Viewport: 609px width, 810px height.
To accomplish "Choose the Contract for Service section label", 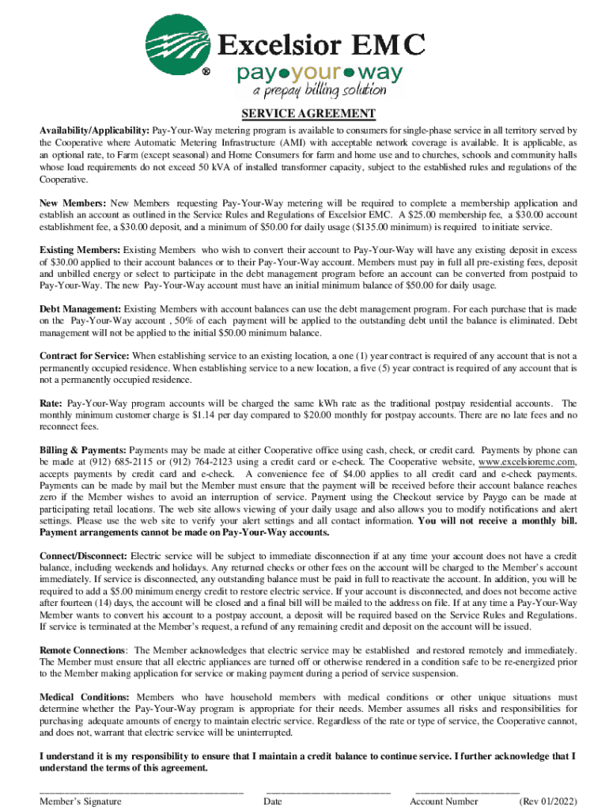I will click(85, 356).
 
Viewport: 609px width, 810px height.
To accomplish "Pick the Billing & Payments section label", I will click(83, 450).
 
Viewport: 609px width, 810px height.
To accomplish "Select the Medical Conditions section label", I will click(85, 698).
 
